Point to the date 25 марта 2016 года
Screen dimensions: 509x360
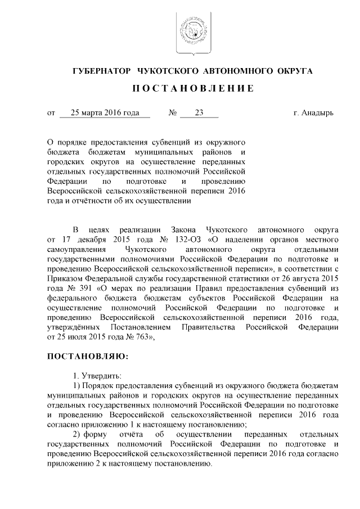pos(105,112)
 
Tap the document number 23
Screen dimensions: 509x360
pos(199,112)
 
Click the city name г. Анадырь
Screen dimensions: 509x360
pos(313,112)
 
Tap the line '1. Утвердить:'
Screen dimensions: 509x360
pos(97,375)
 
